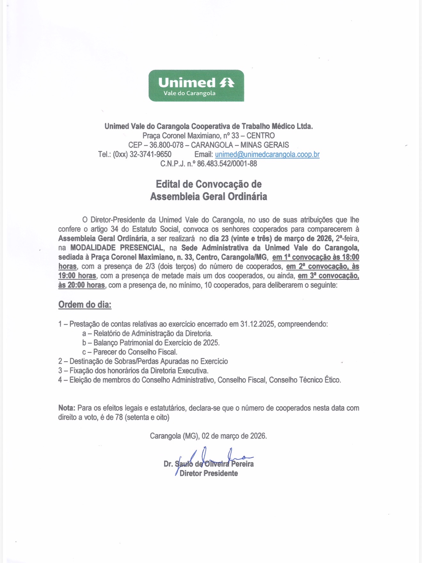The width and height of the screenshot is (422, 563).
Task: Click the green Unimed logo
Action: (x=196, y=86)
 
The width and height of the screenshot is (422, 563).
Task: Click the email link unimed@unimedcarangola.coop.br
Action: (x=267, y=154)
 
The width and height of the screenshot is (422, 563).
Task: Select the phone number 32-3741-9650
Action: (x=150, y=154)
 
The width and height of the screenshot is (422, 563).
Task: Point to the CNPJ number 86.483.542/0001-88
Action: (x=227, y=164)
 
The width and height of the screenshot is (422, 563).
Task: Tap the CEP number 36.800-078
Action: (x=166, y=145)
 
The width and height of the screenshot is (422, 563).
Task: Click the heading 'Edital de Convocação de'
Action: (x=208, y=184)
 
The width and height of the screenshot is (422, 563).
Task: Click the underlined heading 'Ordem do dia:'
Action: (x=85, y=304)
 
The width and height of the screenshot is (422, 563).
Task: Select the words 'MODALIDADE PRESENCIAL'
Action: (x=117, y=248)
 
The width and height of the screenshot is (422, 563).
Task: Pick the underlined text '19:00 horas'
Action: (x=77, y=276)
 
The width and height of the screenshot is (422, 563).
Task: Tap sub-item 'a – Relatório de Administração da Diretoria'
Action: (x=147, y=334)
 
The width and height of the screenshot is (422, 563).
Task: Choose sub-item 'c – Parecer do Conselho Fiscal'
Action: (x=130, y=352)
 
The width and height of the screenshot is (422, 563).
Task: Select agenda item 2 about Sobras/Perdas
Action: (x=143, y=361)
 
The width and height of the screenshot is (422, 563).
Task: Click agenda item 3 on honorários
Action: (x=133, y=371)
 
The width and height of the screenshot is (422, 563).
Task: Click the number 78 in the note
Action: (x=119, y=417)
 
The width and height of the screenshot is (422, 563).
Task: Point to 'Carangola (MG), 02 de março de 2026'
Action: (x=208, y=436)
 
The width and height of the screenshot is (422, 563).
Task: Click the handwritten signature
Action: (x=211, y=458)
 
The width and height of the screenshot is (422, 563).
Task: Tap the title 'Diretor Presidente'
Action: (x=208, y=473)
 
